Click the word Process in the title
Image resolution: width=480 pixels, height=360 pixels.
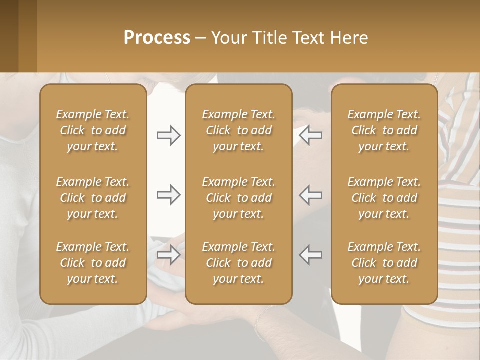coord(157,38)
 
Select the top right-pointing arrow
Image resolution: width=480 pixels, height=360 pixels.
coord(168,135)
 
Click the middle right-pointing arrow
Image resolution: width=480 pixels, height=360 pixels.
coord(168,195)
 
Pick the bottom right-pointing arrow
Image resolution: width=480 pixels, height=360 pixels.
coord(168,254)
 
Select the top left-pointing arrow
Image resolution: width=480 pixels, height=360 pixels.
coord(310,135)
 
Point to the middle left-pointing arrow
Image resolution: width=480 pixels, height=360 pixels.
coord(310,195)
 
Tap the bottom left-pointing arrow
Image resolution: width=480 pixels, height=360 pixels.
coord(310,254)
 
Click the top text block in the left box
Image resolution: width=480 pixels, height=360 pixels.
coord(93,130)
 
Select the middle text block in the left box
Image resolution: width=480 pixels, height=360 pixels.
coord(93,198)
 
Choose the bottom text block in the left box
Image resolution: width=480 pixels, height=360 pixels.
coord(93,263)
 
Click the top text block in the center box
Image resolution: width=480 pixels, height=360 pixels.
coord(238,130)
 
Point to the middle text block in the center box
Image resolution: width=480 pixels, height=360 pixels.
coord(238,198)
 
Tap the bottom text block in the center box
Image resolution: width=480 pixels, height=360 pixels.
coord(238,263)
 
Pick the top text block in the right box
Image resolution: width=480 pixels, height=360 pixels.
coord(384,130)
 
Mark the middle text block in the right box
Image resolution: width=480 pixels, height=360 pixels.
coord(384,198)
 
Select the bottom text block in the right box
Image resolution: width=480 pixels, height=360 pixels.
coord(384,263)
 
